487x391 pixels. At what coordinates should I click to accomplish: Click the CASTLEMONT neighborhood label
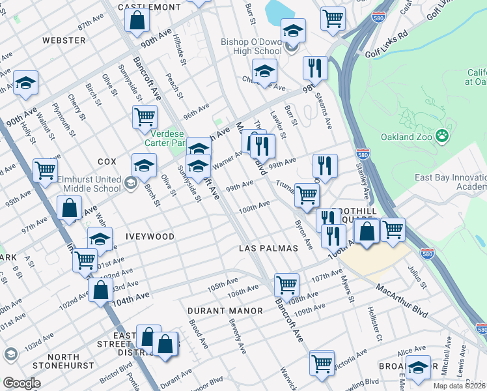coord(149,7)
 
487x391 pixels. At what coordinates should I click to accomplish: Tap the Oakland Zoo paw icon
coord(443,136)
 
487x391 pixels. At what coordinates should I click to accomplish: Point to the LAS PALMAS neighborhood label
coord(268,248)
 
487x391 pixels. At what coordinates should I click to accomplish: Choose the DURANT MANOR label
coord(225,311)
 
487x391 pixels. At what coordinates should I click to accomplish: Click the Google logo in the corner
coord(21,383)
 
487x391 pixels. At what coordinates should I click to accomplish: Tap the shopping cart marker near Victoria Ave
coord(322,362)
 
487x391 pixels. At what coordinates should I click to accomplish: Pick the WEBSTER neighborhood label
coord(63,40)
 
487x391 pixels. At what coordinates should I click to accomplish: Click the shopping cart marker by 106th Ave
coord(286,283)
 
